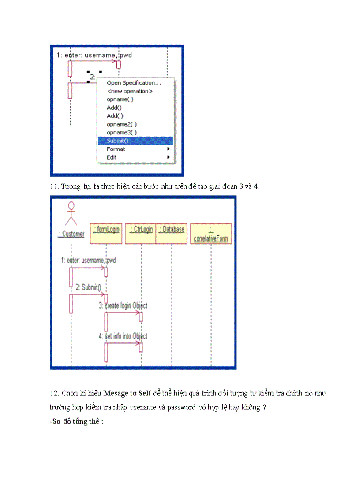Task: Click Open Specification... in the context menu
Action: (x=134, y=83)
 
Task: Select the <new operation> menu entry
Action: (x=130, y=91)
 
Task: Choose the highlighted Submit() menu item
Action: (x=118, y=141)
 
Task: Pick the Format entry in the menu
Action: (x=116, y=149)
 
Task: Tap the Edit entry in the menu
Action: (x=112, y=157)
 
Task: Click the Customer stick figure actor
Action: (x=71, y=214)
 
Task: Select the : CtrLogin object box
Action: (x=140, y=233)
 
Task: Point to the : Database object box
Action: (x=172, y=233)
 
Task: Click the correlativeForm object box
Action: (x=211, y=234)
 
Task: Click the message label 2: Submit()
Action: (x=88, y=287)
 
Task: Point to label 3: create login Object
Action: (x=123, y=305)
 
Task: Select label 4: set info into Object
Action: (x=123, y=336)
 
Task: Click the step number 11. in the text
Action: (x=55, y=186)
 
